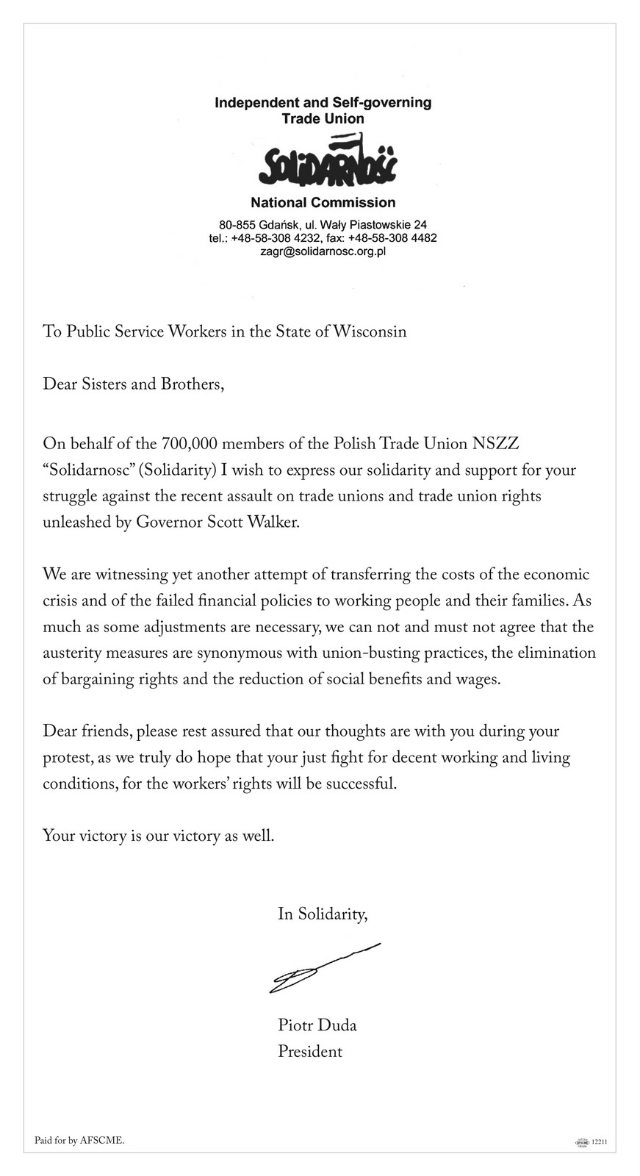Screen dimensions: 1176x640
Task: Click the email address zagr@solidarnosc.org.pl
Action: click(323, 251)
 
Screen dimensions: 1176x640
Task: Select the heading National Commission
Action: click(323, 202)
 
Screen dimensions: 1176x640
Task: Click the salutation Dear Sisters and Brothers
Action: click(132, 384)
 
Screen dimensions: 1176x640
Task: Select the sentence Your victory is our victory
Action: click(158, 836)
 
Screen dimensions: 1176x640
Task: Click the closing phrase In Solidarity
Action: click(322, 914)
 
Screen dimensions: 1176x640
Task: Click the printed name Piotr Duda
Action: click(317, 1025)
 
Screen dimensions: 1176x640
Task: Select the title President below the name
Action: click(309, 1052)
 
